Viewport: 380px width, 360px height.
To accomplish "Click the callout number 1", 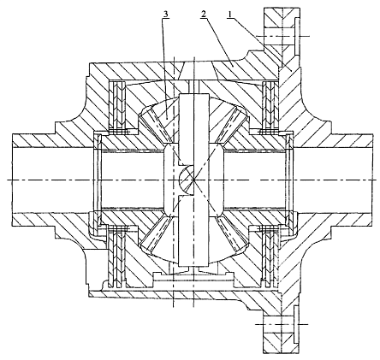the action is coord(231,15).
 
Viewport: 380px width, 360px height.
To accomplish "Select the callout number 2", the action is coord(203,15).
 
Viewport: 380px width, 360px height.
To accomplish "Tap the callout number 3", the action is coord(165,14).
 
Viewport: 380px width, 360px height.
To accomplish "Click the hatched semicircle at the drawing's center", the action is coord(187,180).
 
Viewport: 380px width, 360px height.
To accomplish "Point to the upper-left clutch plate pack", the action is coord(118,108).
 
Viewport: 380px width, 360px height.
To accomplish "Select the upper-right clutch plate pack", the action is coord(269,108).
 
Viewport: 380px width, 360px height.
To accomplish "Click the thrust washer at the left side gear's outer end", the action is coord(99,180).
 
